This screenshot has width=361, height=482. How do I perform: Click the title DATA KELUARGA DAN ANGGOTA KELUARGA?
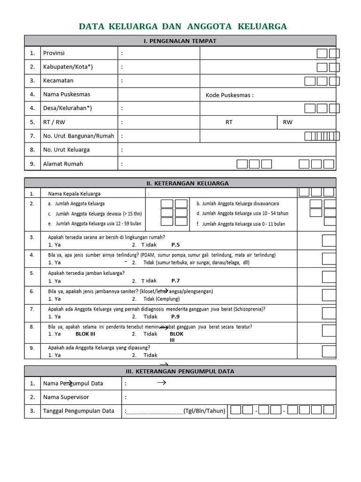[182, 26]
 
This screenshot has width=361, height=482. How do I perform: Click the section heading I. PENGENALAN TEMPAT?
[180, 41]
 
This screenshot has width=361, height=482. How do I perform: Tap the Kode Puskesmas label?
[229, 95]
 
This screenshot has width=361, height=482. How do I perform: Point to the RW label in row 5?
[287, 122]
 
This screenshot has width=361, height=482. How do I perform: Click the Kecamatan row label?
[58, 80]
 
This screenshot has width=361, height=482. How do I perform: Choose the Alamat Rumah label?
[63, 164]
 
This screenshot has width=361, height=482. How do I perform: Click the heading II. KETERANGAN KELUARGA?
[180, 183]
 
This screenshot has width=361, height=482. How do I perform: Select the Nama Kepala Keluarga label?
[74, 193]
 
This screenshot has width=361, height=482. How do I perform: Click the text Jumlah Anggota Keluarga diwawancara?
[238, 204]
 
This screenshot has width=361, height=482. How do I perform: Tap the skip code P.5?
[175, 245]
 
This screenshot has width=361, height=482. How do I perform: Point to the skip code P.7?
[175, 281]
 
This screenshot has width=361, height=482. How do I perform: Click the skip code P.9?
[175, 317]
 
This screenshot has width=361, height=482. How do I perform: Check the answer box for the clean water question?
[329, 241]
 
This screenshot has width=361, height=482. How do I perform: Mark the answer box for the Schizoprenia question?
[329, 313]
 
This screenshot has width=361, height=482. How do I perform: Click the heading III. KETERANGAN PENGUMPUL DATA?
[180, 371]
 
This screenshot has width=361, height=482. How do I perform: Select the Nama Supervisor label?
[66, 397]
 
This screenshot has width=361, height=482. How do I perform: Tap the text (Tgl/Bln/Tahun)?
[204, 411]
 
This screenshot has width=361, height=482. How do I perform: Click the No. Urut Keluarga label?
[66, 150]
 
